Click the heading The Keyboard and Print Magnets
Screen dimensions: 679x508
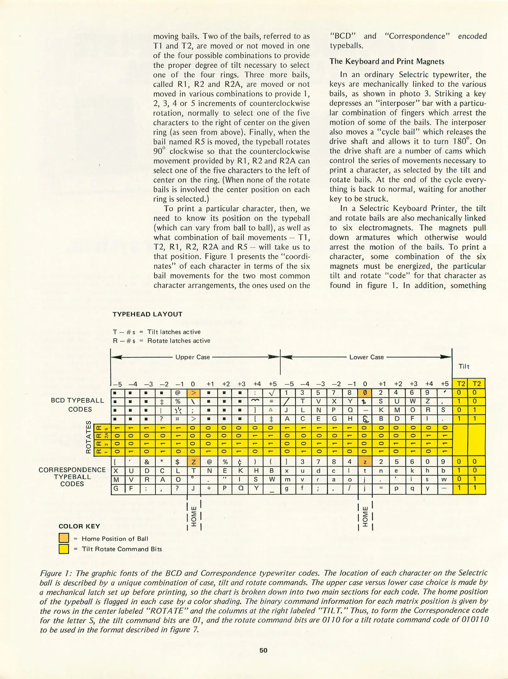point(387,61)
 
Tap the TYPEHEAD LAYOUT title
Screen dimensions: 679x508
point(148,314)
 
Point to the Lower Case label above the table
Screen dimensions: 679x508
point(366,357)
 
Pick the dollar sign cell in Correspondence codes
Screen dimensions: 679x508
point(177,462)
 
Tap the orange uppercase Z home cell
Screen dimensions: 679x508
point(194,462)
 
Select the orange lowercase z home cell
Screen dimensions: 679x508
point(365,462)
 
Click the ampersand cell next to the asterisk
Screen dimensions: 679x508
point(147,462)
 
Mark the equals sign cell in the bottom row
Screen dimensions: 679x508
point(381,489)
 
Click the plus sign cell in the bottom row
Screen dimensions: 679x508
point(209,489)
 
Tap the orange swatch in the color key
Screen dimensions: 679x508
point(64,538)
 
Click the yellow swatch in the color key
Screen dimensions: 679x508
point(64,549)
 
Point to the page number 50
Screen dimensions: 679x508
point(263,650)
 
